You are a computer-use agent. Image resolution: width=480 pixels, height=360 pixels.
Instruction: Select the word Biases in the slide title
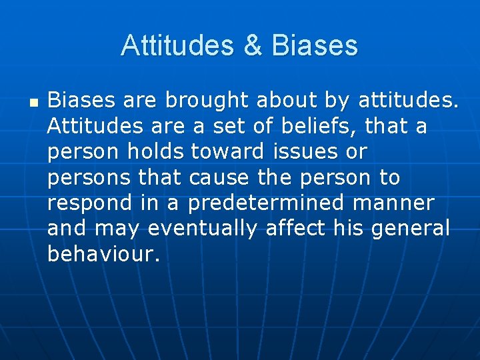tap(315, 46)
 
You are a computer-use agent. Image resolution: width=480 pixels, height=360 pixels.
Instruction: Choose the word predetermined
tap(267, 203)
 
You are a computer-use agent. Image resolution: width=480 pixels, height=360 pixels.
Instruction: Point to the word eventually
tap(203, 229)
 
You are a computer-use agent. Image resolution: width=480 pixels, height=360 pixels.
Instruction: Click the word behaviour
tap(103, 254)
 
